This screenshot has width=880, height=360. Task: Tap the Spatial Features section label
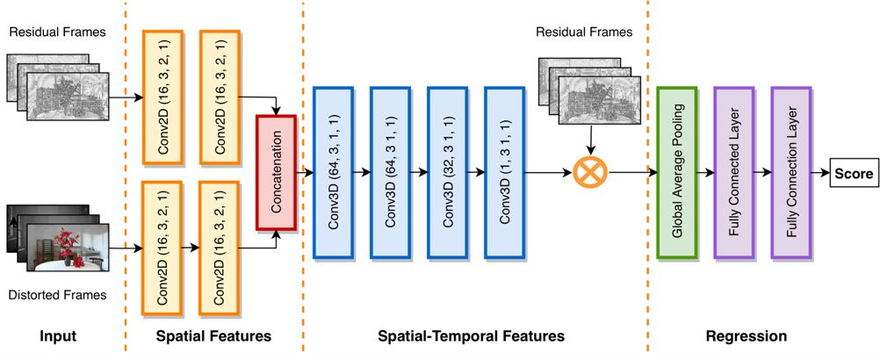coord(213,336)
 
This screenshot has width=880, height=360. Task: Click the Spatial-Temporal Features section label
coord(471,336)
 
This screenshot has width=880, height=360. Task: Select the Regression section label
coord(747,336)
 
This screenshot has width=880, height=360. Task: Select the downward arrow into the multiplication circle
coord(591,140)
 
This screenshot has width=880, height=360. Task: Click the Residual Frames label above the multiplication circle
coord(584,32)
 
